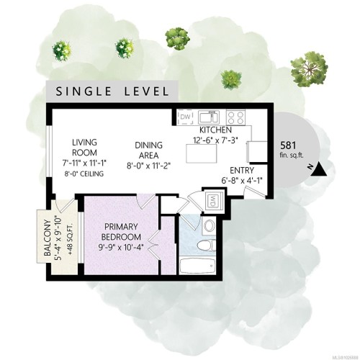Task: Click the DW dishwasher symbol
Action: (185, 117)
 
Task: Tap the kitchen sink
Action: (210, 116)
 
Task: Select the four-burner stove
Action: (236, 116)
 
